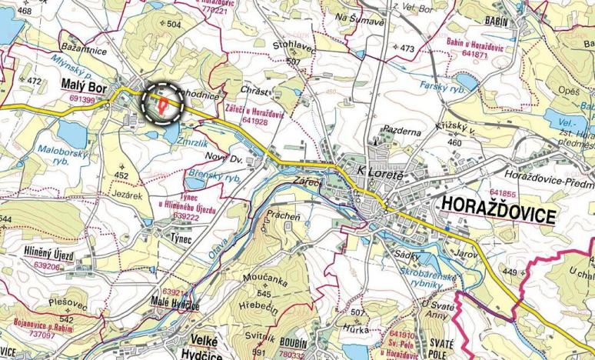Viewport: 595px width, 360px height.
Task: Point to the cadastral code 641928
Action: tap(254, 122)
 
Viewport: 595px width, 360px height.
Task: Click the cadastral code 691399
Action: tap(81, 100)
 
